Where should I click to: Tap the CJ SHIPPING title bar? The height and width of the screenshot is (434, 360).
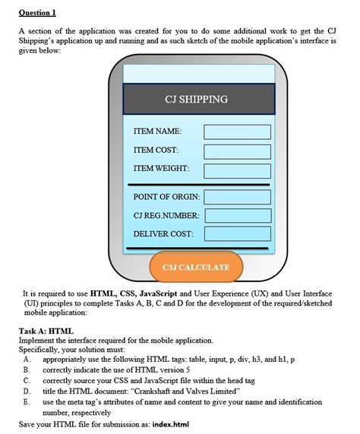tap(196, 100)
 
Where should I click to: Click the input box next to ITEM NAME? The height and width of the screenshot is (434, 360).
tap(237, 132)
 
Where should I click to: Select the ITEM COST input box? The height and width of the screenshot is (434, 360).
tap(237, 150)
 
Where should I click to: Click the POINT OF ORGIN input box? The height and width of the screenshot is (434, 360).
tap(237, 198)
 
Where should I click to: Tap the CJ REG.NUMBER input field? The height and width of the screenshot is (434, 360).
tap(237, 215)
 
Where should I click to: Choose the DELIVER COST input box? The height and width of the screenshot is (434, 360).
tap(237, 233)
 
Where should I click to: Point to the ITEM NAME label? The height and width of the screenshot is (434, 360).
tap(157, 132)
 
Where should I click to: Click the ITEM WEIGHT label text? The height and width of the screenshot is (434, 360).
tap(161, 168)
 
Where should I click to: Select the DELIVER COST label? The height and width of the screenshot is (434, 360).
tap(163, 233)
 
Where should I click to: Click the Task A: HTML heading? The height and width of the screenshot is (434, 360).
tap(46, 331)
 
